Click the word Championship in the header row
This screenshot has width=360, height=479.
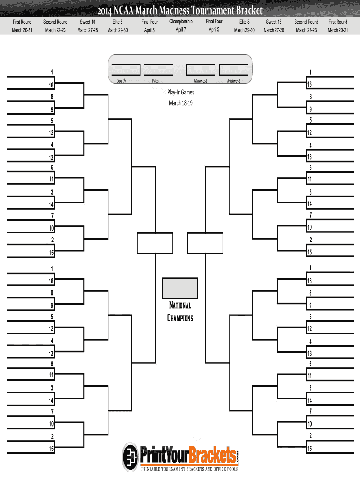point(181,22)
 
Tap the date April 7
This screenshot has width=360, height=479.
point(181,30)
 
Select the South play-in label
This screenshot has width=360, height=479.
point(121,81)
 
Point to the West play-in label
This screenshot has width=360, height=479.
point(156,81)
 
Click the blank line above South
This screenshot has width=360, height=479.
point(126,64)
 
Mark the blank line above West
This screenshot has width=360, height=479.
point(159,64)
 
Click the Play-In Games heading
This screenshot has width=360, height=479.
point(180,93)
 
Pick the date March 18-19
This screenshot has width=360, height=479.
point(180,103)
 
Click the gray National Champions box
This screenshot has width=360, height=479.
point(180,288)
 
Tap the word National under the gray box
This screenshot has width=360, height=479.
point(180,305)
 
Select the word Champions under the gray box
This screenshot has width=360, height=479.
point(180,318)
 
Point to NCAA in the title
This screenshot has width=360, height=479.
point(132,10)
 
